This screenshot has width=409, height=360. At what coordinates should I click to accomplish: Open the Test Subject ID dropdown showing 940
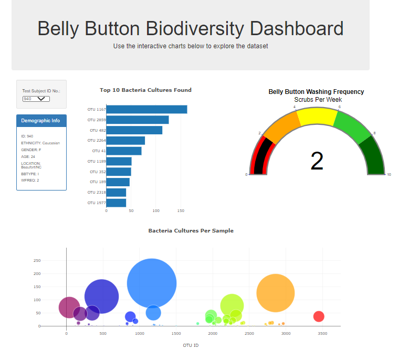(36, 99)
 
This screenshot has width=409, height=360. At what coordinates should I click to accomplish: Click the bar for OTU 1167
(146, 110)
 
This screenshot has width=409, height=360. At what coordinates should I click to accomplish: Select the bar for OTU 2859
(138, 120)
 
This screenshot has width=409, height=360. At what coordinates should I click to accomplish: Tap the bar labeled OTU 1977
(116, 203)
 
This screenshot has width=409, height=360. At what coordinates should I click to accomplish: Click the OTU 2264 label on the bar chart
(97, 141)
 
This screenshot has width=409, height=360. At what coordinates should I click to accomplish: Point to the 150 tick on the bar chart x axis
(181, 210)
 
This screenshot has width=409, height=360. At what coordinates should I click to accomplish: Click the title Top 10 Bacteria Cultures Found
(145, 90)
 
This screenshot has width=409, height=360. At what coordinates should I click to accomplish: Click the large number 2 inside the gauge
(317, 162)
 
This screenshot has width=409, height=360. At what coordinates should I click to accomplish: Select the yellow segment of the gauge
(317, 117)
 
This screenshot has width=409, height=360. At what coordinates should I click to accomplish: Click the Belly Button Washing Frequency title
(316, 92)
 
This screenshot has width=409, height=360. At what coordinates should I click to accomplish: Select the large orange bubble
(276, 293)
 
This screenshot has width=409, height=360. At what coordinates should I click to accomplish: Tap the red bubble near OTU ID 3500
(319, 316)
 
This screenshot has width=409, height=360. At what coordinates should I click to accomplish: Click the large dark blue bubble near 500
(101, 297)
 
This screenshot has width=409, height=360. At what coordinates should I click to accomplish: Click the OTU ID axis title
(191, 345)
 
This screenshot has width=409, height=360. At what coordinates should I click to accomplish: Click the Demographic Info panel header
(41, 121)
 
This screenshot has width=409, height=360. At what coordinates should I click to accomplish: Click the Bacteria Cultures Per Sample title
(191, 230)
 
